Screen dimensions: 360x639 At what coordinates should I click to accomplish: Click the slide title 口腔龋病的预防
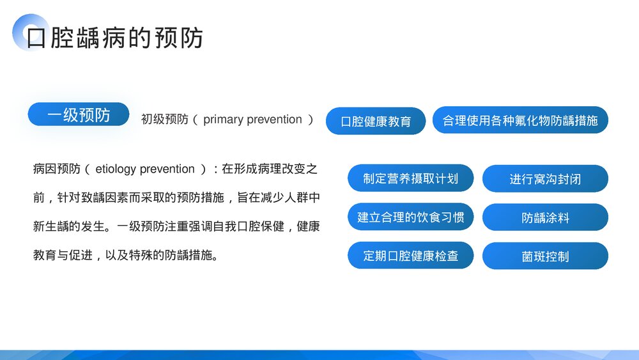pyautogui.click(x=115, y=38)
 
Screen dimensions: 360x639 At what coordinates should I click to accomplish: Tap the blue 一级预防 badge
pyautogui.click(x=79, y=114)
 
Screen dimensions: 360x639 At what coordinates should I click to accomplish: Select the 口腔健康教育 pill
pyautogui.click(x=376, y=121)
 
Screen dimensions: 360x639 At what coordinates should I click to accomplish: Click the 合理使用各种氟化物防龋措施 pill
pyautogui.click(x=520, y=120)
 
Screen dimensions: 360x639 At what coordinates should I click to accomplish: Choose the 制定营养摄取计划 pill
pyautogui.click(x=411, y=178)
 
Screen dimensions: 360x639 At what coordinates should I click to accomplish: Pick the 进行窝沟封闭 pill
pyautogui.click(x=545, y=179)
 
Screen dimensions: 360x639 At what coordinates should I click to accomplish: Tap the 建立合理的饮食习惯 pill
pyautogui.click(x=411, y=217)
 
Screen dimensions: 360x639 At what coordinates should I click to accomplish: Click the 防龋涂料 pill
pyautogui.click(x=545, y=217)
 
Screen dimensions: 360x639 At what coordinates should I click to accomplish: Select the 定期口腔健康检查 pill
pyautogui.click(x=411, y=256)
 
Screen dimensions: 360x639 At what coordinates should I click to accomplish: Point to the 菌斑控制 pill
pyautogui.click(x=545, y=256)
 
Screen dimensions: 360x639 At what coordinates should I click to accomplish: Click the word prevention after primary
pyautogui.click(x=272, y=120)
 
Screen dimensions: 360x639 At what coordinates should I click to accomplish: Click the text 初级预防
pyautogui.click(x=164, y=120)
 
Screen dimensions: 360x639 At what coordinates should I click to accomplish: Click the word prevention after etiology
pyautogui.click(x=167, y=169)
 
